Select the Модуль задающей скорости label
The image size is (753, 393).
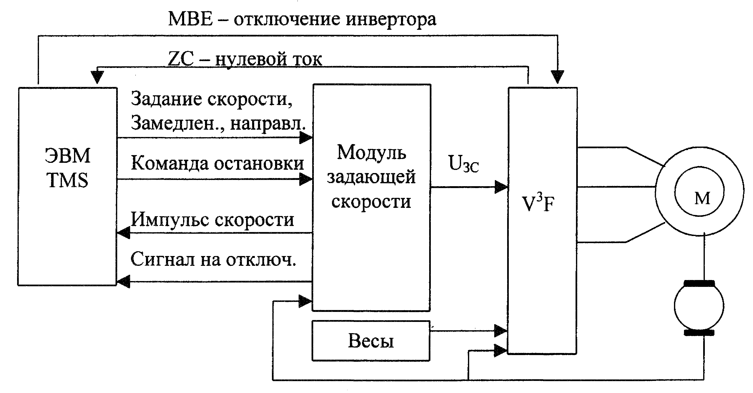click(x=371, y=177)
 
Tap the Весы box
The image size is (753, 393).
click(x=371, y=341)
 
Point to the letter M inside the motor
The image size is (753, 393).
click(x=702, y=199)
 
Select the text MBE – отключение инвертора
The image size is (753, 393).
click(x=302, y=19)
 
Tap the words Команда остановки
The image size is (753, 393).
click(x=217, y=163)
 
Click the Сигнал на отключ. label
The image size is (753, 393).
click(x=213, y=259)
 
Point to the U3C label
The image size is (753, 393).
click(x=464, y=164)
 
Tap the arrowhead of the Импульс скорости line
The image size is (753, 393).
click(x=123, y=233)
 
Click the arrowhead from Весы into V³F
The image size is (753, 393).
click(x=500, y=331)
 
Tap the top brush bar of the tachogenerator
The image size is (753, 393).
click(x=699, y=283)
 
